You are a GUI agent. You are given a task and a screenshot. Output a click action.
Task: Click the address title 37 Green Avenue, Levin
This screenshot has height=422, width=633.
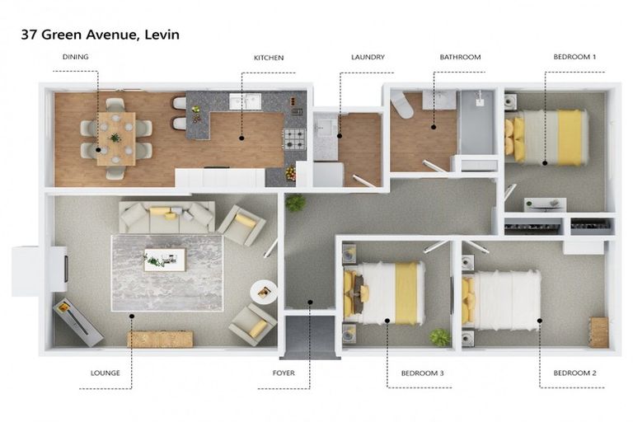100,35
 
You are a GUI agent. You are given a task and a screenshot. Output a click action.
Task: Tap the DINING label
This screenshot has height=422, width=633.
76,58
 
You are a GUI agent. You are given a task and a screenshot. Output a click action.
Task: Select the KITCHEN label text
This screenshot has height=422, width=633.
269,58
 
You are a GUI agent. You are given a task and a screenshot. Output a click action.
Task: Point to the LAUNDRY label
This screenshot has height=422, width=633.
368,58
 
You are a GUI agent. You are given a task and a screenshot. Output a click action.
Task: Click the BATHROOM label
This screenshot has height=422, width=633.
460,58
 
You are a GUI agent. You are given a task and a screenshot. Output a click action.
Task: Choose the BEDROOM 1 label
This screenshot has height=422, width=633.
574,58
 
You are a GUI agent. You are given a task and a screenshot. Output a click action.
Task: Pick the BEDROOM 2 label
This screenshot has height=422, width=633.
574,373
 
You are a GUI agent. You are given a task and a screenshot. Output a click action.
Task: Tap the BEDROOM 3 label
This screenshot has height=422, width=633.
422,373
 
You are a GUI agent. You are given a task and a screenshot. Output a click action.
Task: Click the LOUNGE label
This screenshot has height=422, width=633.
105,373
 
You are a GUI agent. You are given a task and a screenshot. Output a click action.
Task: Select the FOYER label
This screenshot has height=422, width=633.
283,373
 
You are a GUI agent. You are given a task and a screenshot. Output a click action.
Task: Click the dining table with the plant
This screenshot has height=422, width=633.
115,138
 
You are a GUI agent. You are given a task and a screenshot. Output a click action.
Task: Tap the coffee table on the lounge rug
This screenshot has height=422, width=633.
165,260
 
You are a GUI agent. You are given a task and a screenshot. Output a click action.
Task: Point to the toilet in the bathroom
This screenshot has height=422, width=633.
402,105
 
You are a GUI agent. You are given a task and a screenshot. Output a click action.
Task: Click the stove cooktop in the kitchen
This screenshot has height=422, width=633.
294,138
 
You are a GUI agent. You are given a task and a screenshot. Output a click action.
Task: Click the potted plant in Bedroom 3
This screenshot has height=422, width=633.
441,336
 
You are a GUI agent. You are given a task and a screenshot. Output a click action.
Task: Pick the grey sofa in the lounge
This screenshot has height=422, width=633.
166,216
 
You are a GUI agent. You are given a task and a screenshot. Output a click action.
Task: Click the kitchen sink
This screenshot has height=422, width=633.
245,102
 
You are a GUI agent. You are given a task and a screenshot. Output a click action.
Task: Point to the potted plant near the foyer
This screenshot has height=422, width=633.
295,202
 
